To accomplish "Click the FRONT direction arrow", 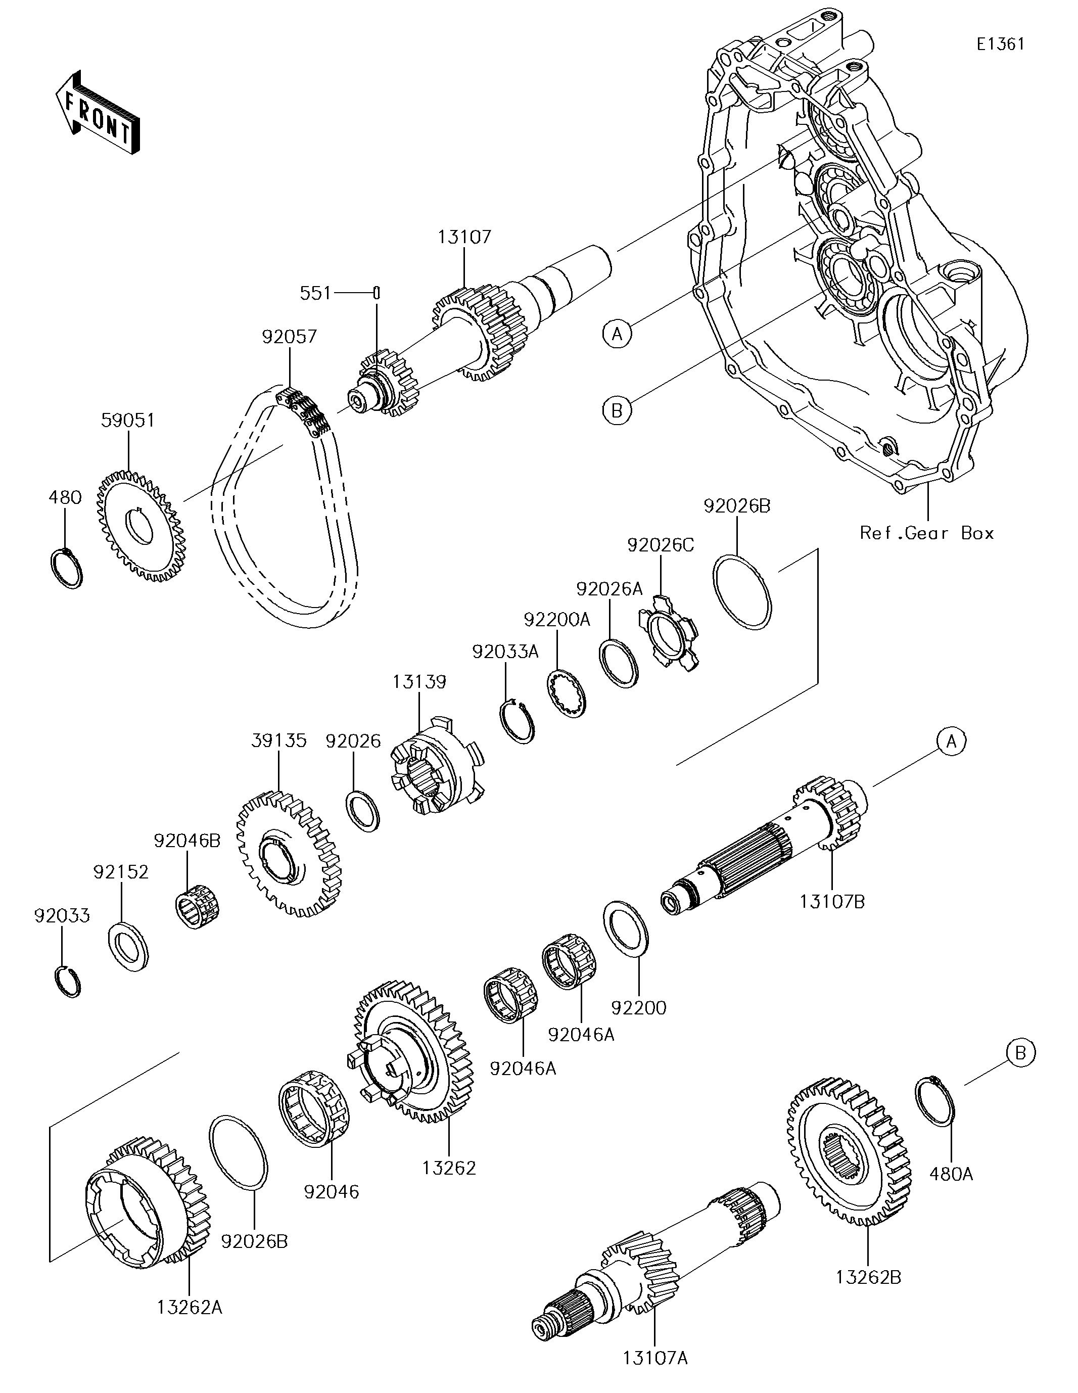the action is coord(97,112).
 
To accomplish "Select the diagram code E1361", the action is coord(1000,44).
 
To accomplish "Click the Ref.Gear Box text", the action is coord(927,533).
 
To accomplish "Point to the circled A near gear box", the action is coord(617,333).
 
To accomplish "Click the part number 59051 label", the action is coord(128,421).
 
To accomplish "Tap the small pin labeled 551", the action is coord(377,293).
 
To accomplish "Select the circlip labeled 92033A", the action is coord(516,722).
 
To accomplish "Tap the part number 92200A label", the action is coord(557,619).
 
